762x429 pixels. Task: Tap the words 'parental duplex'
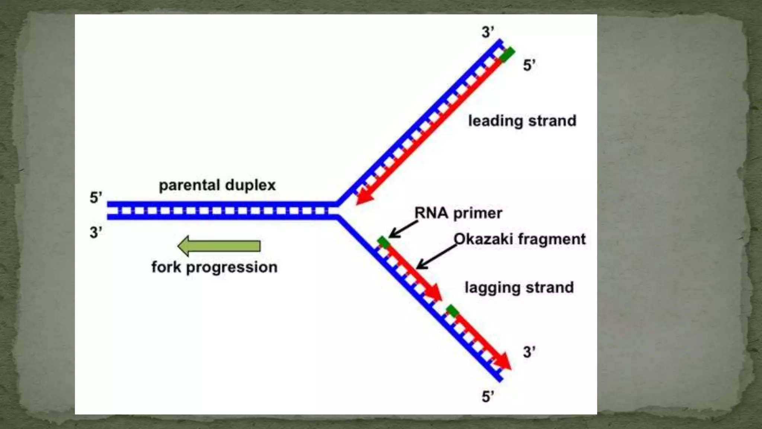coord(217,185)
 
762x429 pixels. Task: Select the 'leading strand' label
coord(522,121)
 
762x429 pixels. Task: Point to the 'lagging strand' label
coord(519,287)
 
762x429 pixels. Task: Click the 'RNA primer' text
coord(458,213)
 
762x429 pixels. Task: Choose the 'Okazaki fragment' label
coord(519,239)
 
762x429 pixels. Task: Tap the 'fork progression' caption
coord(214,267)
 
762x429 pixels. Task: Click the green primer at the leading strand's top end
coord(508,54)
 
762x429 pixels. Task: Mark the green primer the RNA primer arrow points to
coord(383,243)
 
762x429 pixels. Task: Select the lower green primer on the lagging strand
coord(452,311)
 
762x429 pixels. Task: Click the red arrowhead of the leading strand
coord(364,197)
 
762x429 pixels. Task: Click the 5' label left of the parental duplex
coord(96,197)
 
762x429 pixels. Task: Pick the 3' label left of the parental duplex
coord(96,232)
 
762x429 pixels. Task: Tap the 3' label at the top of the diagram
coord(488,32)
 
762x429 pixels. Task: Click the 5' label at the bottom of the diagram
coord(488,396)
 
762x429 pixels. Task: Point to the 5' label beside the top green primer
coord(529,65)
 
